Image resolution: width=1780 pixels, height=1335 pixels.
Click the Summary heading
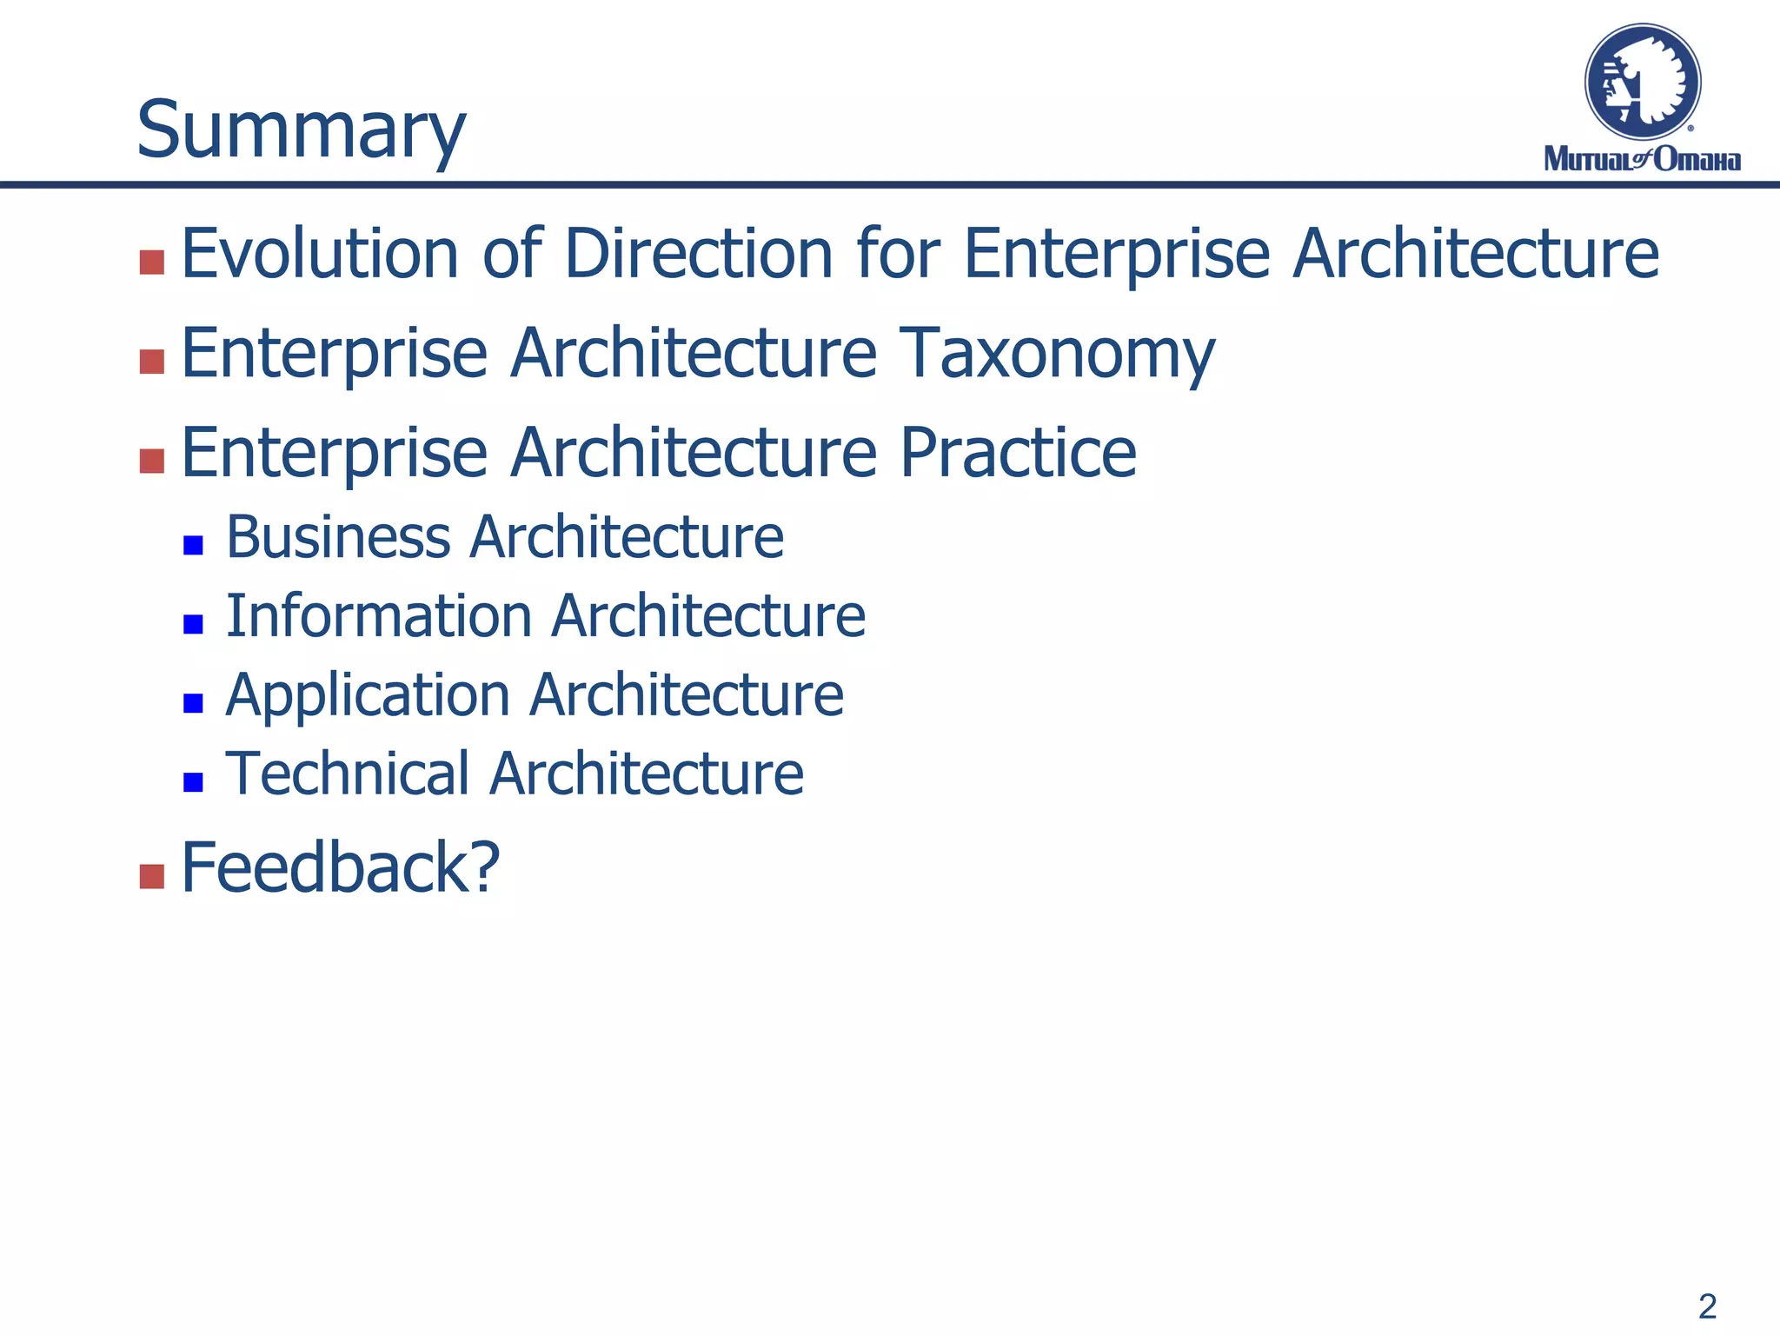point(301,130)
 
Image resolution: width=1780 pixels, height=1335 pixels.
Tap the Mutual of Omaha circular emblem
point(1642,83)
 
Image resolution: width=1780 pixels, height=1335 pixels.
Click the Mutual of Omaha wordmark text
point(1642,159)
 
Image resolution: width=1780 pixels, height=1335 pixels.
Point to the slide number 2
point(1707,1306)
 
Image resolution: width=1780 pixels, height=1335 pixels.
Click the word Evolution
point(319,254)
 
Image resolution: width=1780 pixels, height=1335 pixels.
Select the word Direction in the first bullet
point(699,254)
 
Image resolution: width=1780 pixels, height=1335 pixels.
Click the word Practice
point(1017,453)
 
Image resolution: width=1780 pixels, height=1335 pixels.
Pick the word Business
point(337,537)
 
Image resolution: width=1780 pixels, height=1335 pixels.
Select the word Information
point(378,616)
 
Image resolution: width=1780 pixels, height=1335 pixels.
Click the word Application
point(367,695)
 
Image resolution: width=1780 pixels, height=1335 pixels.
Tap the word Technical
point(347,774)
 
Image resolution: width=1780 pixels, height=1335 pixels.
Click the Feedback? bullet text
point(340,867)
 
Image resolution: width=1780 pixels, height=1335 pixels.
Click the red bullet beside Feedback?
point(152,876)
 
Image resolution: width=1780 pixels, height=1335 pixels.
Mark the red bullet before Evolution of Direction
point(152,262)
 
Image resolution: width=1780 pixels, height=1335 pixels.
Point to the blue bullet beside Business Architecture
point(193,546)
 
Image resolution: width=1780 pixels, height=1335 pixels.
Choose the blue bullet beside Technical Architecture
point(193,782)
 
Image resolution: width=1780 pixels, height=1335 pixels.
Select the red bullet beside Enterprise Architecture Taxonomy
point(152,362)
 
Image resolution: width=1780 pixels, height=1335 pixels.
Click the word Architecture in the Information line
point(708,616)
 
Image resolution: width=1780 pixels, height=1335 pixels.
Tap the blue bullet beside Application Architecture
point(193,703)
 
